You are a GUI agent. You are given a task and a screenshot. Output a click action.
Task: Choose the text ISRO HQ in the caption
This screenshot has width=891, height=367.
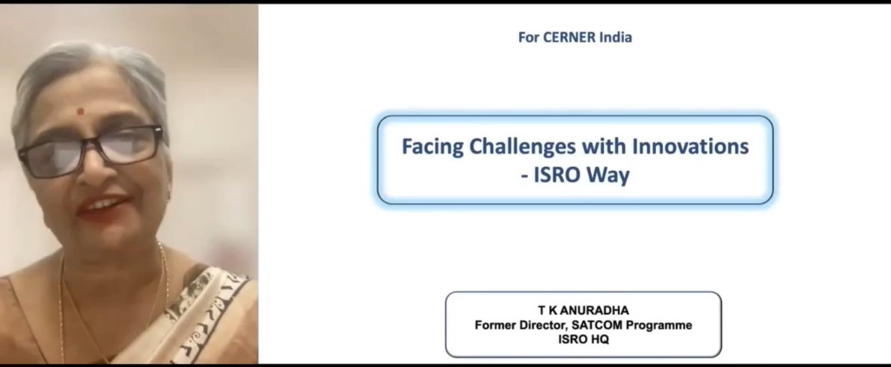[x=584, y=339]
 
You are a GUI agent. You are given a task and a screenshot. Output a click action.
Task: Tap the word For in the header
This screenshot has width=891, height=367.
[x=529, y=37]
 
